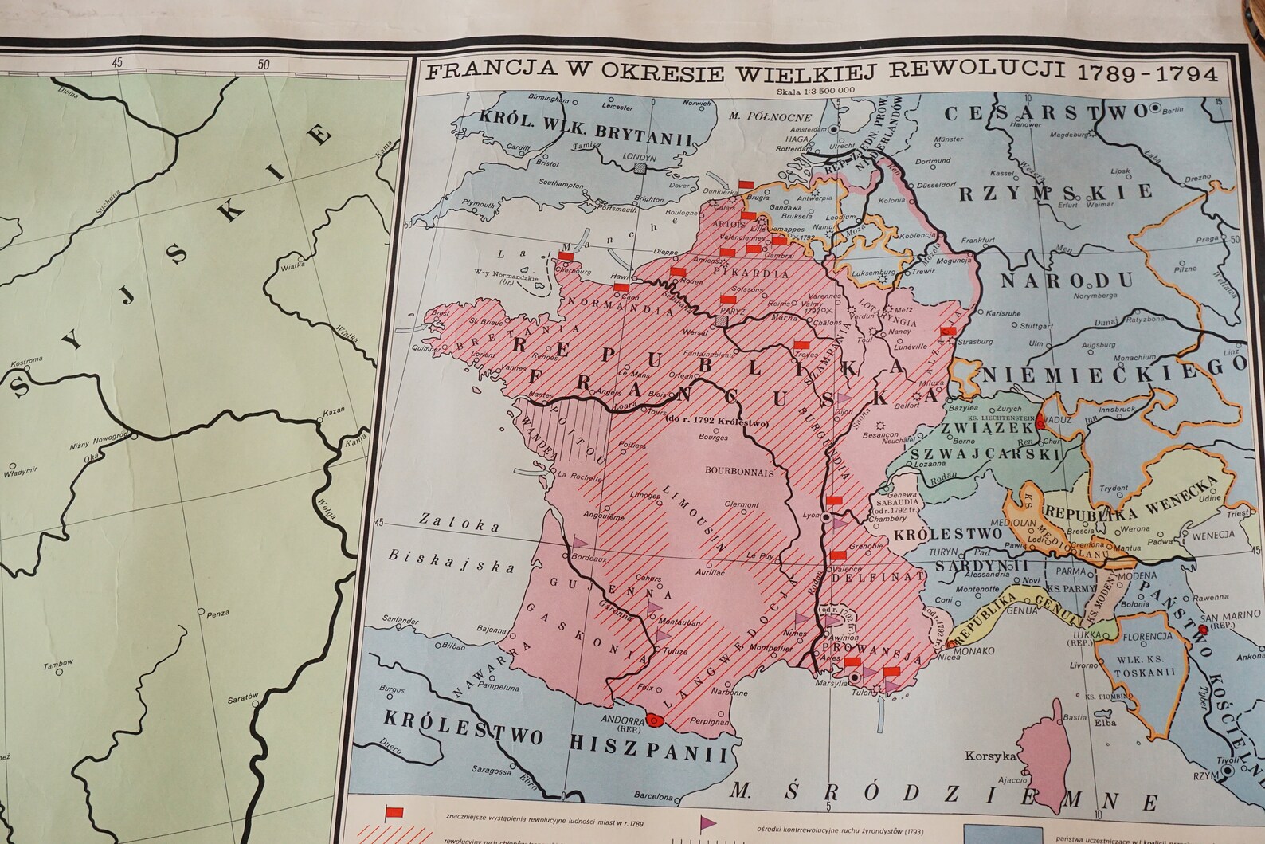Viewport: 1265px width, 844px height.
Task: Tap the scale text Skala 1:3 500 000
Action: [x=817, y=90]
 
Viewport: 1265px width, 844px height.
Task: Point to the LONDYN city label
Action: [x=640, y=158]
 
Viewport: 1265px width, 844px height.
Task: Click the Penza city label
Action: [x=216, y=613]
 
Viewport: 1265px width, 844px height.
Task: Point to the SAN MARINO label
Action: [x=1224, y=618]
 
